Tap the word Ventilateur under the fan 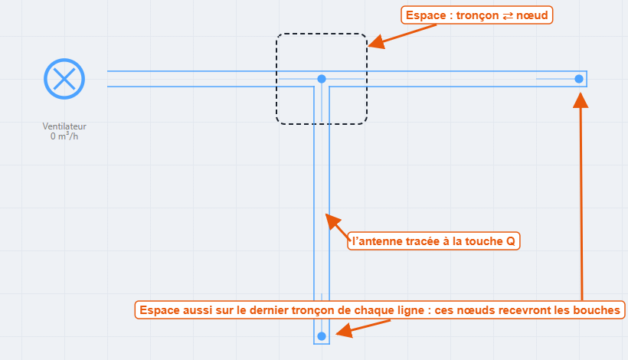pos(64,126)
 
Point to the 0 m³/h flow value pos(64,136)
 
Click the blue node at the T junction pos(322,79)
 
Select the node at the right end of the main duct pos(579,79)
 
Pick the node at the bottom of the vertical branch pos(322,336)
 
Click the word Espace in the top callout pos(426,15)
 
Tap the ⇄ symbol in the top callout pos(508,15)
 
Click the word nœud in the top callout pos(532,15)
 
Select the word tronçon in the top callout pos(477,15)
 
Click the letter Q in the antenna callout pos(511,241)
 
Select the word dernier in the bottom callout pos(268,310)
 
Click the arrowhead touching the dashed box pos(377,42)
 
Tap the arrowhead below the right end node pos(581,100)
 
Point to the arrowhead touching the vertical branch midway pos(332,221)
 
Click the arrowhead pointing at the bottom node pos(345,330)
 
